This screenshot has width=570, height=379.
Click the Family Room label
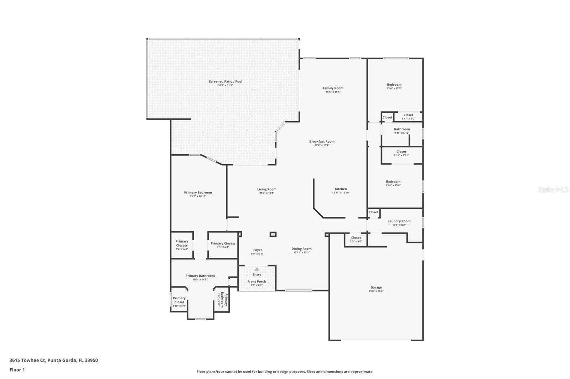click(333, 88)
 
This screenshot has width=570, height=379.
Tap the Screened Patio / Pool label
click(225, 81)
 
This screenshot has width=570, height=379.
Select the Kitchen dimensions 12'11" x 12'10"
click(341, 193)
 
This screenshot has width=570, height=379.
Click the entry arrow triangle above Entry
click(257, 269)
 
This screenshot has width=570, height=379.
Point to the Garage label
click(376, 287)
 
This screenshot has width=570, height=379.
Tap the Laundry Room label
click(399, 221)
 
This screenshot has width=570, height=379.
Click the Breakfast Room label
click(322, 142)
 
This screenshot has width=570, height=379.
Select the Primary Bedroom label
click(198, 193)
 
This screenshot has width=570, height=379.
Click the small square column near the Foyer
click(273, 234)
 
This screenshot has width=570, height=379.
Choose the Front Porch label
click(256, 282)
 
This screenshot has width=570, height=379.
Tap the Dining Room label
click(301, 249)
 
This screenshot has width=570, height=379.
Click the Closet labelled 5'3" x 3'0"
click(356, 239)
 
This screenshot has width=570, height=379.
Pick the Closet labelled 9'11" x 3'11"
click(401, 153)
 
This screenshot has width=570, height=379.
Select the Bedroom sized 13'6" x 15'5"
click(394, 86)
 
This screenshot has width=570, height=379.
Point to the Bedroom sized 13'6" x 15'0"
click(393, 183)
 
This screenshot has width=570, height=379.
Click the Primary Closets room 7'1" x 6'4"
click(223, 245)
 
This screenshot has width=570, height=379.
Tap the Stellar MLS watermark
click(553, 189)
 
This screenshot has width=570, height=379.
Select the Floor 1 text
click(17, 370)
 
